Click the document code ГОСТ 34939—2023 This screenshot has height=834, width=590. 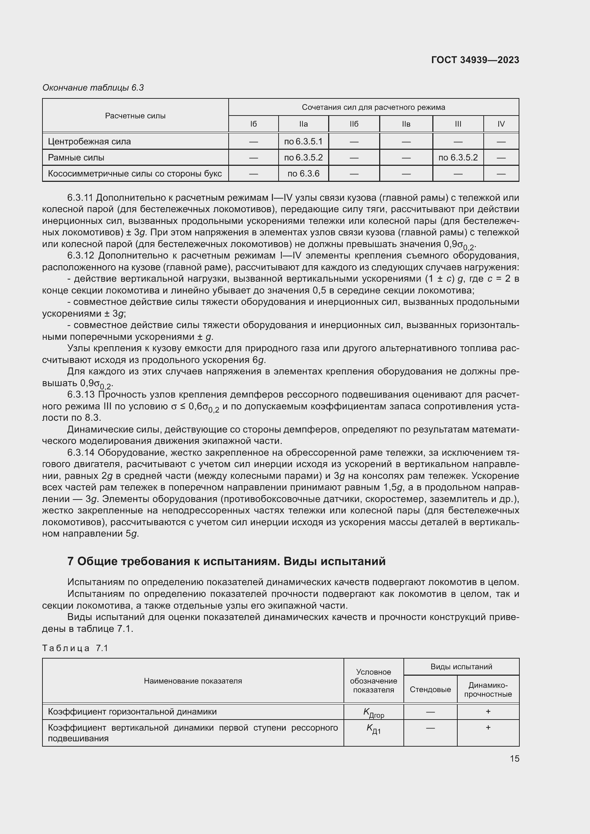click(x=475, y=60)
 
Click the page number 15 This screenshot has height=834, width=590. click(x=514, y=758)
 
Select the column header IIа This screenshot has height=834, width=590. click(x=303, y=124)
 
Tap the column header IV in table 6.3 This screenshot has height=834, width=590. click(x=501, y=124)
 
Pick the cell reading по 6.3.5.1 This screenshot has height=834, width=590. click(x=303, y=142)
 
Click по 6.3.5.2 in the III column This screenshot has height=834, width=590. click(x=458, y=158)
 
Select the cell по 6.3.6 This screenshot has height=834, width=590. click(x=303, y=174)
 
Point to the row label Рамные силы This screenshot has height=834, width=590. click(x=76, y=158)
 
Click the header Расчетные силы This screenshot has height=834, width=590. click(x=135, y=116)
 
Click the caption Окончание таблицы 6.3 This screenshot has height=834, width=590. click(x=93, y=88)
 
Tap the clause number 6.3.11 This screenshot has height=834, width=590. click(x=80, y=198)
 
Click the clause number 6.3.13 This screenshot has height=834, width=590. click(x=80, y=395)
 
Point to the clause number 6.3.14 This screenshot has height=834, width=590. click(x=80, y=453)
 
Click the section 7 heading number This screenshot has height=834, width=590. click(x=71, y=562)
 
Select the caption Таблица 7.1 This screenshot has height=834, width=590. click(x=75, y=648)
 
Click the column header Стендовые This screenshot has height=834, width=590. click(x=430, y=690)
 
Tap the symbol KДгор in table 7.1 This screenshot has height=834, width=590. click(x=373, y=713)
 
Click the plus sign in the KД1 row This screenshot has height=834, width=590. click(x=488, y=728)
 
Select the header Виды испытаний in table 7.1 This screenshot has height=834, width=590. click(x=461, y=667)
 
